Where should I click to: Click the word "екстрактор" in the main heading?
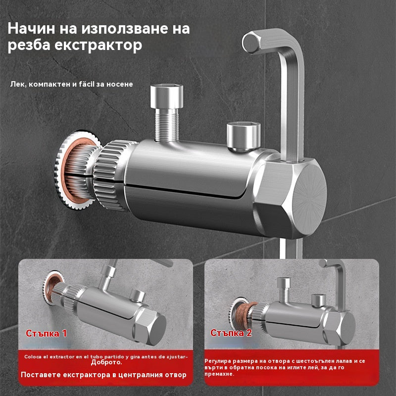tap(99, 45)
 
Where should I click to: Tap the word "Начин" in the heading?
tap(31, 28)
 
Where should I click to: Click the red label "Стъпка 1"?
tap(46, 333)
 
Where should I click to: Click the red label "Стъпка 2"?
tap(231, 333)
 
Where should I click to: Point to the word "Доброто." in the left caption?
tap(106, 362)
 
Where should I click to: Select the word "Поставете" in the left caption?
tap(40, 375)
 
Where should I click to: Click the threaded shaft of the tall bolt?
tap(167, 124)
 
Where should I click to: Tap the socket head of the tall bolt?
tap(167, 97)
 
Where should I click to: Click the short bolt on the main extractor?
tap(244, 137)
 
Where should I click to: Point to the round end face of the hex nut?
tap(308, 199)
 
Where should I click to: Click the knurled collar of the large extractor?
tap(111, 175)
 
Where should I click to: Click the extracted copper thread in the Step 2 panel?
tap(244, 315)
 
